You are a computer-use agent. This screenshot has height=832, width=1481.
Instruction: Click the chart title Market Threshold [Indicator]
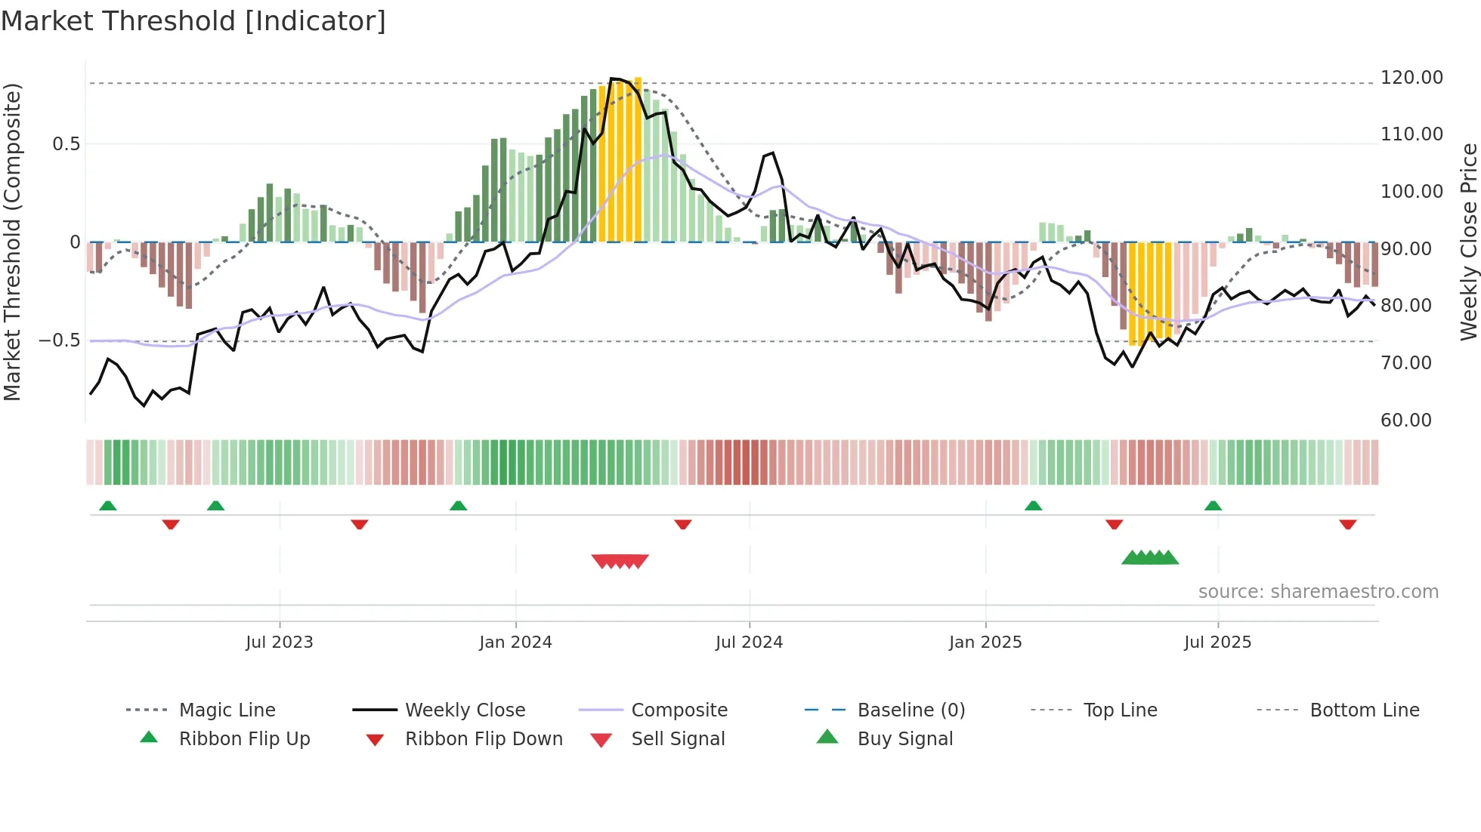193,21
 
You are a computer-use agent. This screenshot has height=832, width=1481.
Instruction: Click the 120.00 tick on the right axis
1411,78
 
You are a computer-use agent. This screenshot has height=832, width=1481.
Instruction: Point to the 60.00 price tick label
1405,421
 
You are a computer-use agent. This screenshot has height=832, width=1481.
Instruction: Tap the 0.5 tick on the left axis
66,144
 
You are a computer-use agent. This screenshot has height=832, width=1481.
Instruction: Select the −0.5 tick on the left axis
60,341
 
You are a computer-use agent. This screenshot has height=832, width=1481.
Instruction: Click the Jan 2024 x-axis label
515,642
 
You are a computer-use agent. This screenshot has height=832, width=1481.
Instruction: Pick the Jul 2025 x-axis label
1217,642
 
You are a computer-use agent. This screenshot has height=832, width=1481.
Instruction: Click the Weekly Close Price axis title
1468,242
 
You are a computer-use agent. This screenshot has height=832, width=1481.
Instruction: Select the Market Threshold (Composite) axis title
12,242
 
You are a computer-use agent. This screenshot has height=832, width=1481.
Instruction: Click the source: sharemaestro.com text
1318,592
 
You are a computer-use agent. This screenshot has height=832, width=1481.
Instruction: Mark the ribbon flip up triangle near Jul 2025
1213,506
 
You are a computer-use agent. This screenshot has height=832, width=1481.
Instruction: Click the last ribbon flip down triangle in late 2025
1347,524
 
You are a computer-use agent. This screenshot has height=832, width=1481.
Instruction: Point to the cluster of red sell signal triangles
620,561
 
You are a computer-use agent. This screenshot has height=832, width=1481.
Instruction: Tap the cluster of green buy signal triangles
1150,558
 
